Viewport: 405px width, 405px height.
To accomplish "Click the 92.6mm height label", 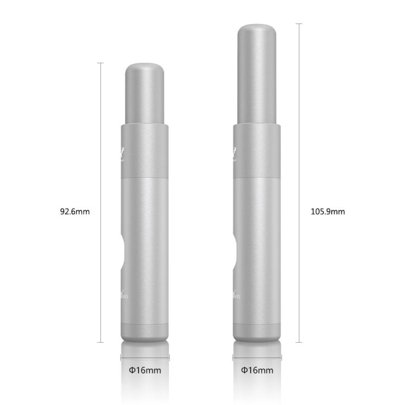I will pyautogui.click(x=75, y=212).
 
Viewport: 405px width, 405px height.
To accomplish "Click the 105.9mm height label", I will pyautogui.click(x=327, y=212).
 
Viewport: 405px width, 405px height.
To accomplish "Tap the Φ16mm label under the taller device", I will pyautogui.click(x=257, y=370).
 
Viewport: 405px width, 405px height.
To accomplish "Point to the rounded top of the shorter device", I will pyautogui.click(x=144, y=69).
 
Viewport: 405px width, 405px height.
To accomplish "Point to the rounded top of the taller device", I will pyautogui.click(x=257, y=29).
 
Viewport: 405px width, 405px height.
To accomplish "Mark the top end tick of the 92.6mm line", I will pyautogui.click(x=100, y=63).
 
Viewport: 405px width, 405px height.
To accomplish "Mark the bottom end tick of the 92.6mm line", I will pyautogui.click(x=100, y=342).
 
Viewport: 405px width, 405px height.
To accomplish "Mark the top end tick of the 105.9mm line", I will pyautogui.click(x=299, y=24).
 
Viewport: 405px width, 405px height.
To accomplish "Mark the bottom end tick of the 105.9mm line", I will pyautogui.click(x=299, y=342).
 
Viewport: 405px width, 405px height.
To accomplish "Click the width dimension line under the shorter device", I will pyautogui.click(x=145, y=358).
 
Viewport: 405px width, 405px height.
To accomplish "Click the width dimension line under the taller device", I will pyautogui.click(x=257, y=358).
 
